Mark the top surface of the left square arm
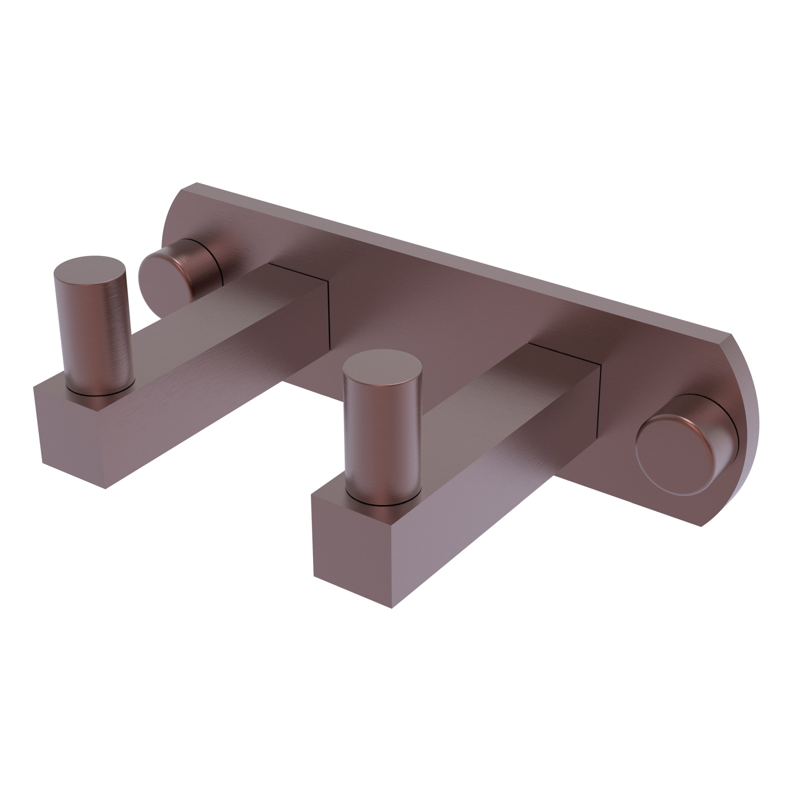click(213, 320)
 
